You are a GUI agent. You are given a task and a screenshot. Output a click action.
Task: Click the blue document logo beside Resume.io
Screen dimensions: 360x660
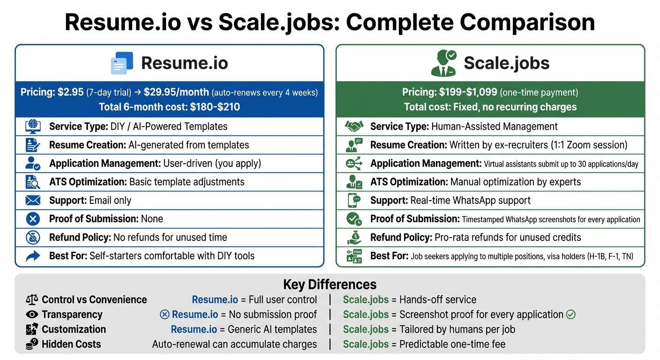(122, 63)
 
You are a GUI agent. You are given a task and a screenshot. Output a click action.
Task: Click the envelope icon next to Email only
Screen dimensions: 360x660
(33, 201)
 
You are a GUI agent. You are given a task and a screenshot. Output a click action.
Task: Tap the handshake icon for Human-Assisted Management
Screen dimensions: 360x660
(354, 127)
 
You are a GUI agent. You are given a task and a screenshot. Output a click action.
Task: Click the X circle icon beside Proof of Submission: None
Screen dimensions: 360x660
(33, 219)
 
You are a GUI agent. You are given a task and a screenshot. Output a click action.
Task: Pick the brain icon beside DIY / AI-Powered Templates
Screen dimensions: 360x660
(33, 127)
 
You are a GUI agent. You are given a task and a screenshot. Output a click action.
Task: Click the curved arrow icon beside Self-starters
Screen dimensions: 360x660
(33, 256)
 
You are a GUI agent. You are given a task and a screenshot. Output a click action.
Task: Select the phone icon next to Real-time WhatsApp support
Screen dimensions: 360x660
(354, 201)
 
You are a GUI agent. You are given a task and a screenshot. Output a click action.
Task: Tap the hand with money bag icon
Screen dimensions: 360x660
(354, 238)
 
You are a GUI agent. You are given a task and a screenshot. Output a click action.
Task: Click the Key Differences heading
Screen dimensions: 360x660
(330, 285)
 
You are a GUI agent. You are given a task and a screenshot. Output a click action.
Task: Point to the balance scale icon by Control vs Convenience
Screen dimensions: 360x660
(32, 300)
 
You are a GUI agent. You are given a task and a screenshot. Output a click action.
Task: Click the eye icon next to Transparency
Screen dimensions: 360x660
(32, 315)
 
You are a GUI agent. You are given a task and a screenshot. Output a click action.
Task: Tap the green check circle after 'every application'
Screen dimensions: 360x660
(570, 315)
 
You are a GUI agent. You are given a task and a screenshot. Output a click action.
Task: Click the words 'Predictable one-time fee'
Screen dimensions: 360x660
(452, 345)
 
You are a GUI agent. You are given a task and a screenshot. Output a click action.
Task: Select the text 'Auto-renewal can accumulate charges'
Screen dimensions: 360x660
(234, 345)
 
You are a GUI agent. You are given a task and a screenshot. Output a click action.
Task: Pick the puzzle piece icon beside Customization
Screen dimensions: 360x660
(32, 330)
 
